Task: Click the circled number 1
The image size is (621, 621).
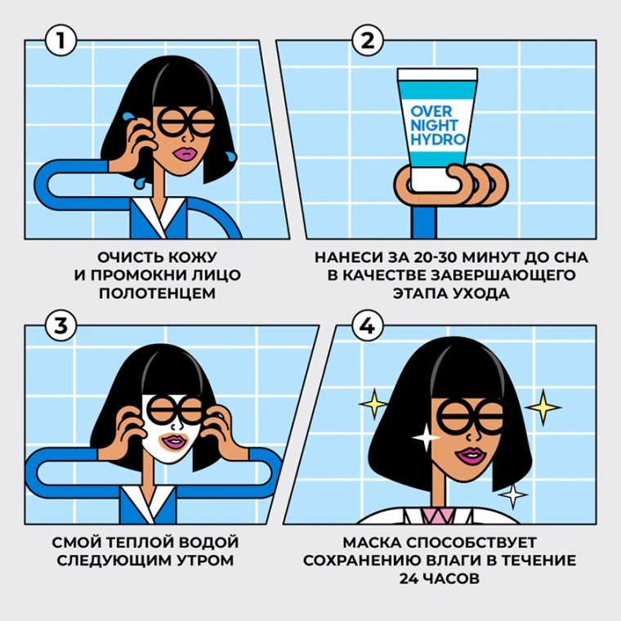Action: point(60,40)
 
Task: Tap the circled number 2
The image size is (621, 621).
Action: point(368,40)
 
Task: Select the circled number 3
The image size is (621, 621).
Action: point(60,326)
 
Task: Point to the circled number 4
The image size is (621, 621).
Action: point(368,326)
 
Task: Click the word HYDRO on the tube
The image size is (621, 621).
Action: point(438,140)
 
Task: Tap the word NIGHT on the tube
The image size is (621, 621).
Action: point(434,125)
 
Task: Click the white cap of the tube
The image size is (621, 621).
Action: point(438,74)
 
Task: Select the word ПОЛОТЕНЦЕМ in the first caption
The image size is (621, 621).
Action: point(157,293)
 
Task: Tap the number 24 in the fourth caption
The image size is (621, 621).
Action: point(409,579)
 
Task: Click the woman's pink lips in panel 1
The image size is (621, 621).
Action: point(182,153)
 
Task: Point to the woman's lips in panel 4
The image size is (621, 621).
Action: point(469,456)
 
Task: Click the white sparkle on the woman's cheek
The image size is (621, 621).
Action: point(426,437)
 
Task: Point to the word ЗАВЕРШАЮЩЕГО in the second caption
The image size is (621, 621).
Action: point(503,275)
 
